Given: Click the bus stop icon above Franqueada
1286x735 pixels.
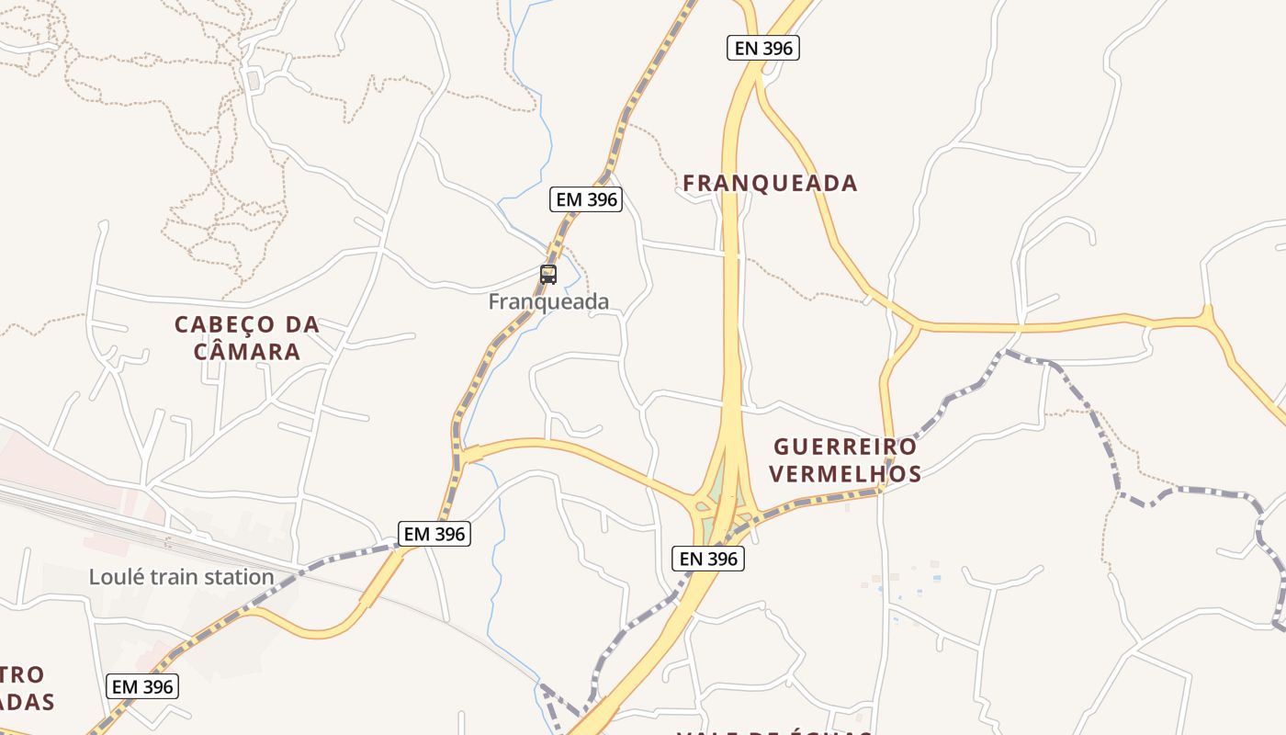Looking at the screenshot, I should (548, 274).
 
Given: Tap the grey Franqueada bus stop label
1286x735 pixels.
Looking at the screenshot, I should (548, 301).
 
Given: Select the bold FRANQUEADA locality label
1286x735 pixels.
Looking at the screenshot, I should (770, 183).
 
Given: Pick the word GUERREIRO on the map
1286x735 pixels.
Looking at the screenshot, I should (845, 447).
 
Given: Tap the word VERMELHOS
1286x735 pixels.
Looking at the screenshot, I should (845, 474).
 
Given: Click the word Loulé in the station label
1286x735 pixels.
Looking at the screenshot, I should (116, 577).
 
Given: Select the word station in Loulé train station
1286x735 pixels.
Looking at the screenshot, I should (242, 577).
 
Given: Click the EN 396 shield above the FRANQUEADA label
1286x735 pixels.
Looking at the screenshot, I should (763, 48).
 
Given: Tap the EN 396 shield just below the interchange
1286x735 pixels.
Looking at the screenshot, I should (708, 558).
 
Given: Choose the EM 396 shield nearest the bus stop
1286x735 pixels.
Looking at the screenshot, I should (587, 198).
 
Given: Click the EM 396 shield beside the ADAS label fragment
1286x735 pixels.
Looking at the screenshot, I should (142, 686).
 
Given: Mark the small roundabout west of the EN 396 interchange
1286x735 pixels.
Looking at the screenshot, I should (702, 504).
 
